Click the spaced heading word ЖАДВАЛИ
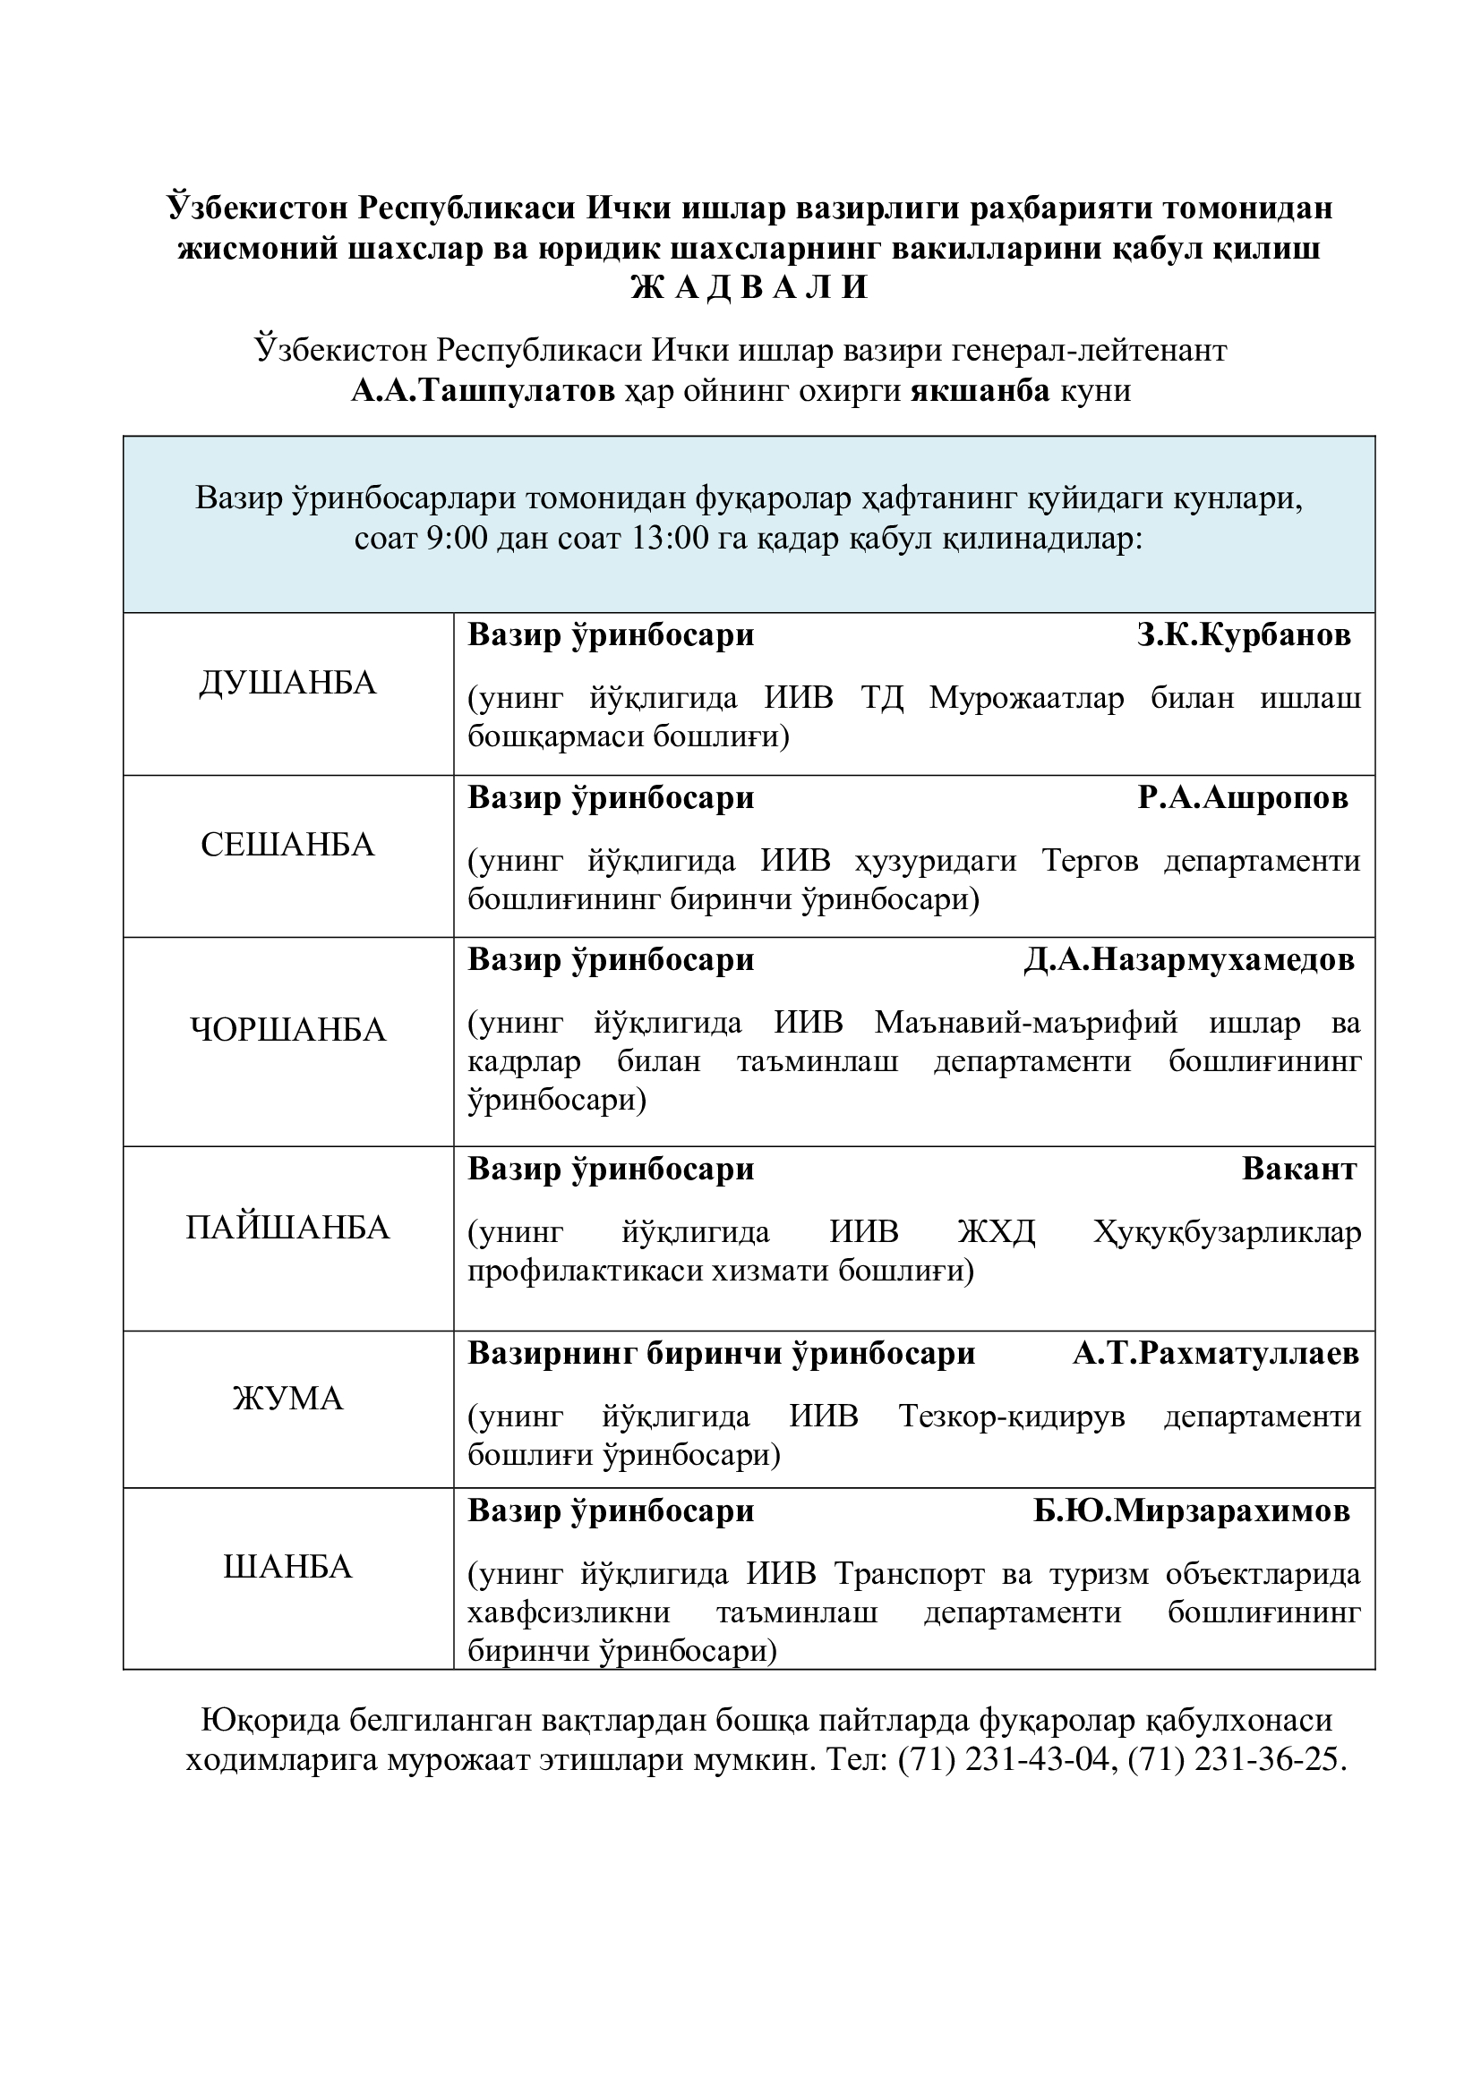point(749,288)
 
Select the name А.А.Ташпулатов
point(484,391)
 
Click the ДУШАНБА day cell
point(288,683)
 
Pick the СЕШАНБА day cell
point(288,845)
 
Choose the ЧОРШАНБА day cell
point(288,1030)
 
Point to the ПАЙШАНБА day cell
point(288,1228)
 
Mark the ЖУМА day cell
point(288,1399)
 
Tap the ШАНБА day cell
point(288,1567)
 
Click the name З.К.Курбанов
point(1244,635)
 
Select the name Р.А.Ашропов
point(1243,797)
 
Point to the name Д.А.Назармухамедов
point(1189,960)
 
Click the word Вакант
point(1298,1170)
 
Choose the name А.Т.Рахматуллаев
point(1216,1354)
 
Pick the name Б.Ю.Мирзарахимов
point(1192,1511)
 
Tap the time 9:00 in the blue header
point(457,539)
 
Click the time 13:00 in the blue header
point(670,539)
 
